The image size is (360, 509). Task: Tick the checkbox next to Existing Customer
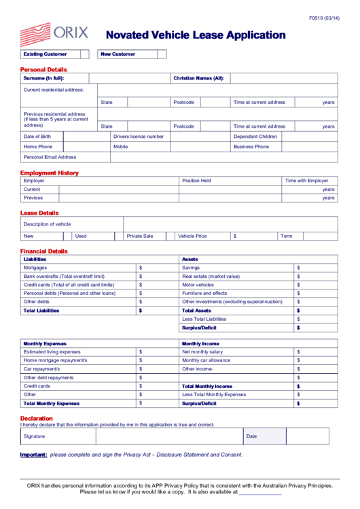[x=85, y=54]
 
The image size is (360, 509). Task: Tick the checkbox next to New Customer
[x=162, y=54]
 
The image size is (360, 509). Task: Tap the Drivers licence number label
[x=139, y=137]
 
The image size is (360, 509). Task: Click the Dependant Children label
[x=255, y=137]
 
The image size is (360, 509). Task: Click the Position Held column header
[x=197, y=181]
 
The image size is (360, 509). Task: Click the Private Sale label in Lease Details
[x=140, y=236]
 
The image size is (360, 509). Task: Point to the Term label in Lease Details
[x=287, y=236]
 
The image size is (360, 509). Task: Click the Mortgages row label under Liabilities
[x=35, y=268]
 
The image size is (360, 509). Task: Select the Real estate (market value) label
[x=211, y=277]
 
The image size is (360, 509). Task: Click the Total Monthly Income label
[x=206, y=386]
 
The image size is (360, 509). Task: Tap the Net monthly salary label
[x=202, y=352]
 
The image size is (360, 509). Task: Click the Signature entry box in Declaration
[x=169, y=436]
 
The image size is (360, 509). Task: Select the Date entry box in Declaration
[x=307, y=436]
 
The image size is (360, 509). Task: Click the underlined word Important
[x=33, y=455]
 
